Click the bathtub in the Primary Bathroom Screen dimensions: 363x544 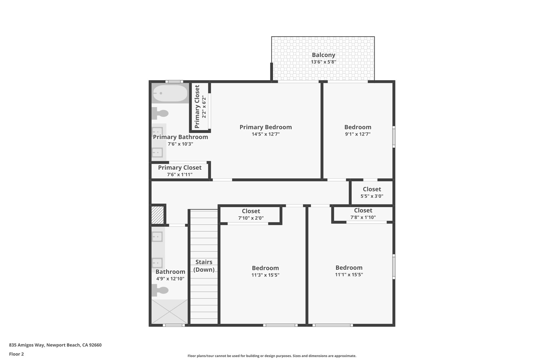pyautogui.click(x=170, y=93)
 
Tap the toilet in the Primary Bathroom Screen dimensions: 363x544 pyautogui.click(x=160, y=114)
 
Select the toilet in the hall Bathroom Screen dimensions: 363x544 pyautogui.click(x=160, y=290)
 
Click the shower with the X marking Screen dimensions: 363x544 pyautogui.click(x=169, y=311)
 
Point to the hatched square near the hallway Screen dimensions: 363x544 pyautogui.click(x=158, y=215)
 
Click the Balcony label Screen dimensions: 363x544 pyautogui.click(x=323, y=55)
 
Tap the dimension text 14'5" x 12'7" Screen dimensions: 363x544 pyautogui.click(x=266, y=134)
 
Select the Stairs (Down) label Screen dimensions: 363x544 pyautogui.click(x=204, y=266)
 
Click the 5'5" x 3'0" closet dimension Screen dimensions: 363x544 pyautogui.click(x=372, y=196)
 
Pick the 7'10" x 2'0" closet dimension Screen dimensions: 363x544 pyautogui.click(x=251, y=218)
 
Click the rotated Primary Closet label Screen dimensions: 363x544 pyautogui.click(x=197, y=107)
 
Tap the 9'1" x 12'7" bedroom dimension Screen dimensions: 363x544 pyautogui.click(x=358, y=134)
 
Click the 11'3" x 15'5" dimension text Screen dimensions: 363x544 pyautogui.click(x=265, y=275)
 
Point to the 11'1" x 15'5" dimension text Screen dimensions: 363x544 pyautogui.click(x=349, y=275)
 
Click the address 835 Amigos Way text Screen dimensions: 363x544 pyautogui.click(x=55, y=345)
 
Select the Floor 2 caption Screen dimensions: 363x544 pyautogui.click(x=16, y=354)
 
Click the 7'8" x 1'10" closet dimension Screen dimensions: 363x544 pyautogui.click(x=363, y=218)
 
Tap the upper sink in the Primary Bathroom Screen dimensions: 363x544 pyautogui.click(x=157, y=132)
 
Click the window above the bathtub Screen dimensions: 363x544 pyautogui.click(x=174, y=82)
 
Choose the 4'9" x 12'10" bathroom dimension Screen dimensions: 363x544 pyautogui.click(x=170, y=279)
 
